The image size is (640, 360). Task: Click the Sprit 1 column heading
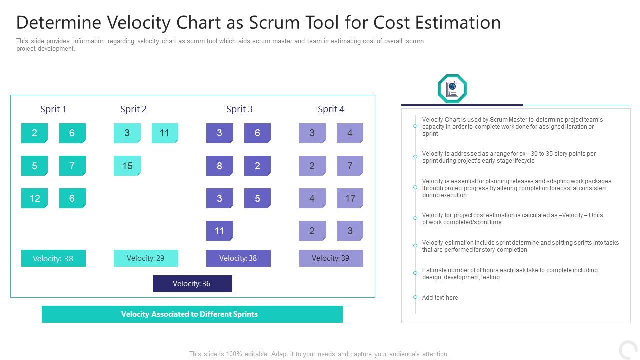coord(53,109)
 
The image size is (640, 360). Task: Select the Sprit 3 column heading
coord(239,109)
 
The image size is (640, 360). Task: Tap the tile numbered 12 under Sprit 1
coord(34,198)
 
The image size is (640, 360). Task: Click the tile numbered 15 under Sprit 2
coord(127,166)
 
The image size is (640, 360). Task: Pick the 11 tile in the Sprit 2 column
coord(165,133)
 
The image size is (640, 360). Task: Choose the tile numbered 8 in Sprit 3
coord(219,166)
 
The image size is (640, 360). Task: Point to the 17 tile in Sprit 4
coord(350,198)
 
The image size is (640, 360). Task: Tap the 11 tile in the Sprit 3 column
coord(219,231)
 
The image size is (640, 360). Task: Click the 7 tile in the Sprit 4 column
coord(350,166)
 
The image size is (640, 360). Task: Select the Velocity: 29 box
coord(146,258)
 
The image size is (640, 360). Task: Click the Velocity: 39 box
coord(331,258)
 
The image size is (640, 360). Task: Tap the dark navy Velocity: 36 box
coord(192,284)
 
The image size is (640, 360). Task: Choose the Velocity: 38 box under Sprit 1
coord(53,258)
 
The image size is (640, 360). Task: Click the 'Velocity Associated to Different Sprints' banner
coord(192,314)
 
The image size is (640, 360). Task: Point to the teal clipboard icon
coord(452,89)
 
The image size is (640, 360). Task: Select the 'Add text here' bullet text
coord(440,298)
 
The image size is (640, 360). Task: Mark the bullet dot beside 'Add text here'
coord(415,297)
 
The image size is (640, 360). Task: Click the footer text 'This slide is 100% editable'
coord(230,354)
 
